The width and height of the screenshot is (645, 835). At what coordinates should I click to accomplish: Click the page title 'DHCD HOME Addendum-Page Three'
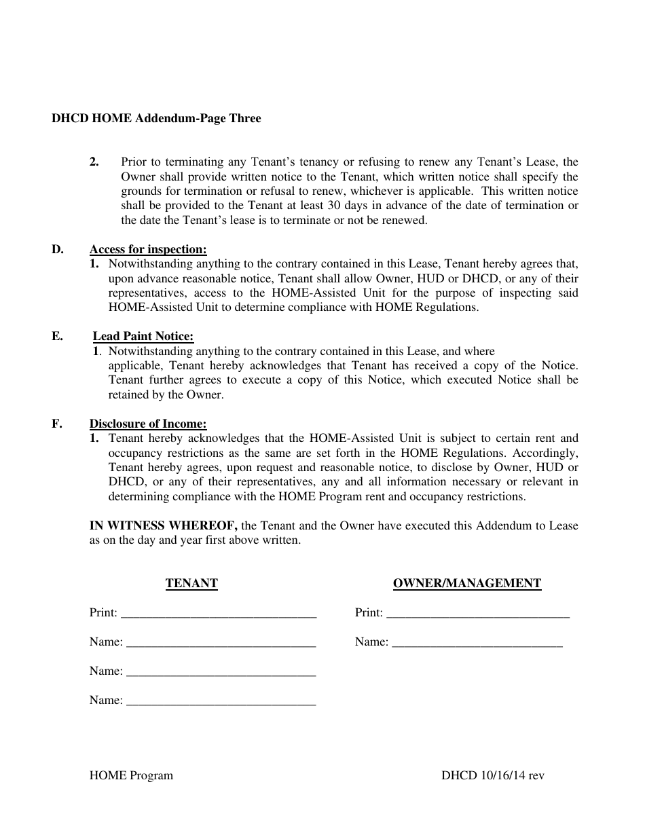coord(156,118)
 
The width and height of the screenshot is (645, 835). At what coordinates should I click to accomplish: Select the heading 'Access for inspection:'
coord(148,249)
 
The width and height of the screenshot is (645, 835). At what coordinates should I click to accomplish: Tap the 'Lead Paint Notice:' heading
coord(143,336)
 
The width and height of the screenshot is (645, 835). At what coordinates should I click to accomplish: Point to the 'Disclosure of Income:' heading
coord(148,424)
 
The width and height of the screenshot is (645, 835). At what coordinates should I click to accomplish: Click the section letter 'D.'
coord(58,249)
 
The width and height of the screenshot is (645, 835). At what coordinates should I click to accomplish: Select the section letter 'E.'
coord(58,336)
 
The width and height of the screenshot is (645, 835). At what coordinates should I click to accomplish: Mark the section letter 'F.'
coord(57,424)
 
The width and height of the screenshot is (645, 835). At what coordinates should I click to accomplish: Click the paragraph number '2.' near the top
coord(94,162)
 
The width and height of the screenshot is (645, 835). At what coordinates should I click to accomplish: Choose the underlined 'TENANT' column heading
coord(191,583)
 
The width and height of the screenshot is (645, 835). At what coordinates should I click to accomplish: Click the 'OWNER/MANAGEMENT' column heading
coord(467,583)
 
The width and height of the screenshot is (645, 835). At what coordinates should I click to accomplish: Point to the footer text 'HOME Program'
coord(131,775)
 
